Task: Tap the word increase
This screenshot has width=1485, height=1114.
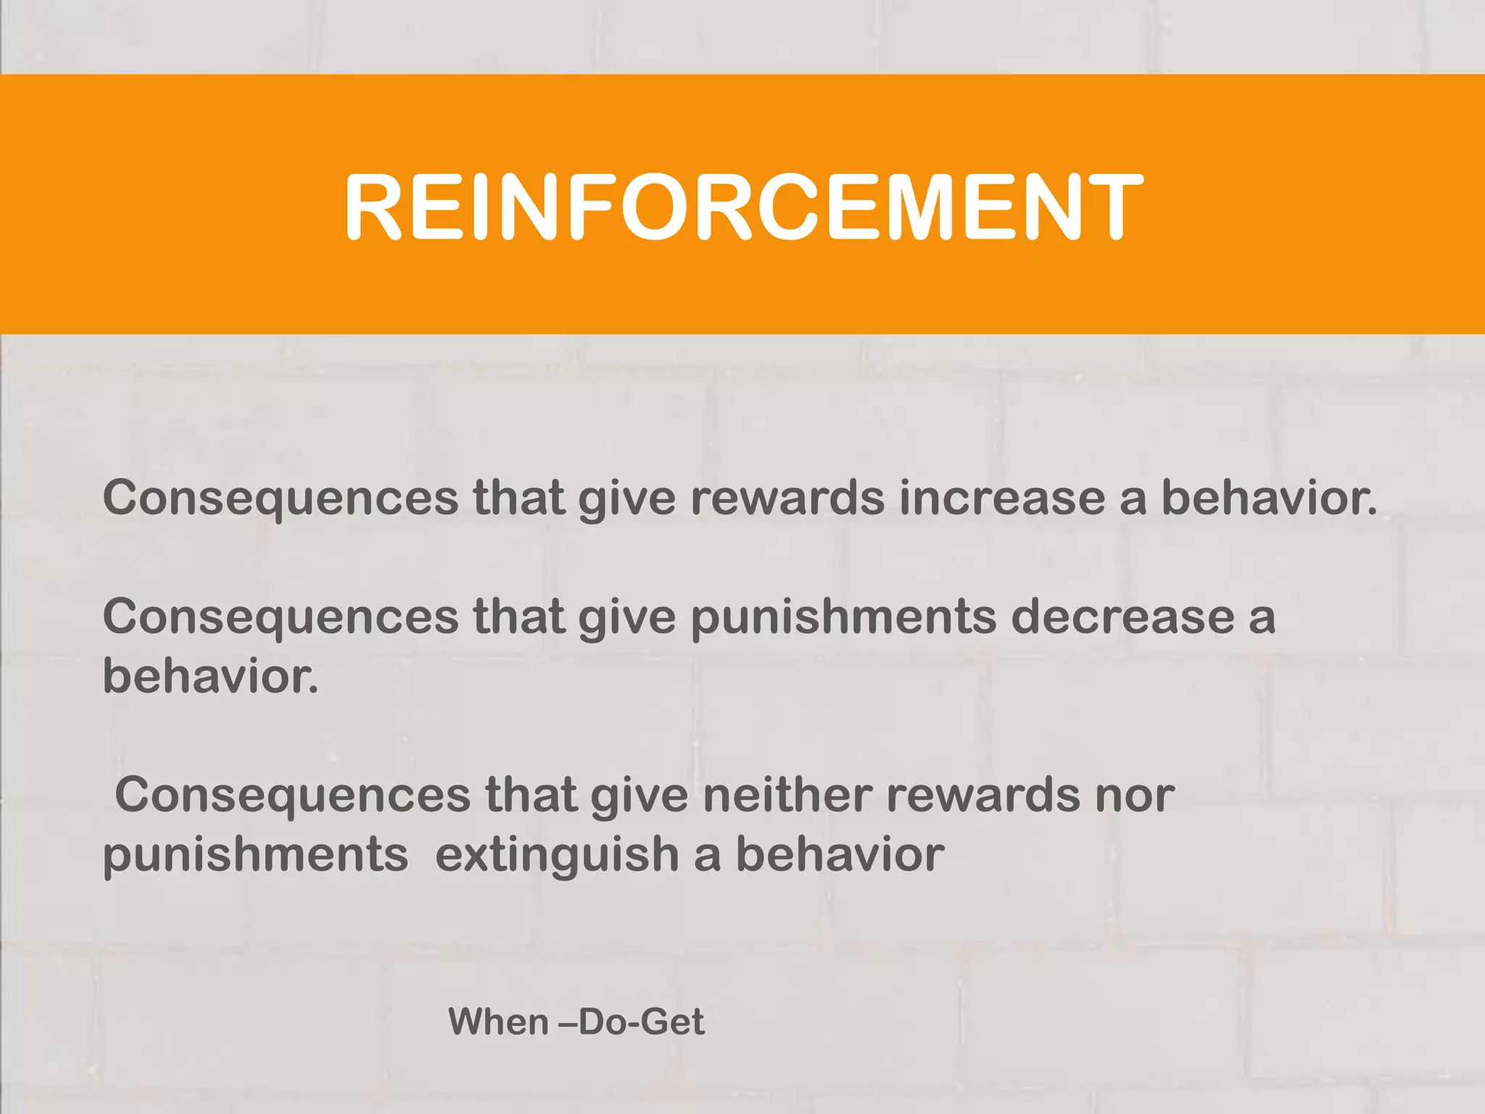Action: [x=1001, y=498]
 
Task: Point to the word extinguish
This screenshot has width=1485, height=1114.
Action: [x=557, y=854]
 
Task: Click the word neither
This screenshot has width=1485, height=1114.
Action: [x=787, y=795]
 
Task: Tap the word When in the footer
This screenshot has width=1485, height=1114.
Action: [x=499, y=1022]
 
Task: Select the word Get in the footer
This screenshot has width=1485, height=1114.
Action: [x=672, y=1022]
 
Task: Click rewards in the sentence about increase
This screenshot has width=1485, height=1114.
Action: [x=787, y=498]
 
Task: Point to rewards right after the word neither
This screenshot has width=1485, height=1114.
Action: [x=983, y=795]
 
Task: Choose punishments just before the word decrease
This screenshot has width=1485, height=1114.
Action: [x=843, y=618]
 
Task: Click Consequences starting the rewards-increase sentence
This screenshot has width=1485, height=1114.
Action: [x=281, y=498]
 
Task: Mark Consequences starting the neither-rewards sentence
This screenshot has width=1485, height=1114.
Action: [x=293, y=795]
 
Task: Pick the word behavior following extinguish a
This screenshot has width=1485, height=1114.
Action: [x=840, y=854]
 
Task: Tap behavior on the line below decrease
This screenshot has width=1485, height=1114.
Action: [x=210, y=676]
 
